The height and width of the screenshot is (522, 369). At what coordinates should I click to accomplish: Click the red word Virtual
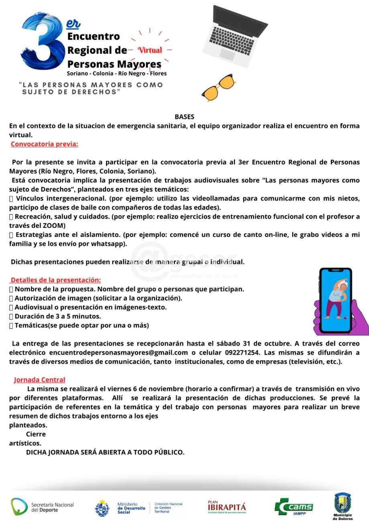(150, 50)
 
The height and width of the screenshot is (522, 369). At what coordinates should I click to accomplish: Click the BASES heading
(184, 117)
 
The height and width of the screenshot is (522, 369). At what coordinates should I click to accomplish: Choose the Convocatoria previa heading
(44, 144)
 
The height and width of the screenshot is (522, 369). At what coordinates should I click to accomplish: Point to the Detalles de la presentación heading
(55, 280)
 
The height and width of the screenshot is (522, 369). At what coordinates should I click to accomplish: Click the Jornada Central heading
(39, 379)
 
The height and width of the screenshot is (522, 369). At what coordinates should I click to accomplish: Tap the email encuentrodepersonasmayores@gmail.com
(118, 353)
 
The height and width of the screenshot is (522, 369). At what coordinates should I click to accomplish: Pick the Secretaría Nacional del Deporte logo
(42, 507)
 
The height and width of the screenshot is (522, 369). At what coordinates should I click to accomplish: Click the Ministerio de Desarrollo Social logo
(120, 508)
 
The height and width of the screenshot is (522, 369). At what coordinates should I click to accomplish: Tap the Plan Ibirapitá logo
(227, 507)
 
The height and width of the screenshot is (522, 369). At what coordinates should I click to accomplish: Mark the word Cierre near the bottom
(36, 434)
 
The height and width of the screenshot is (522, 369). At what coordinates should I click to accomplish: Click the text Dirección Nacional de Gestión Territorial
(168, 508)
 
